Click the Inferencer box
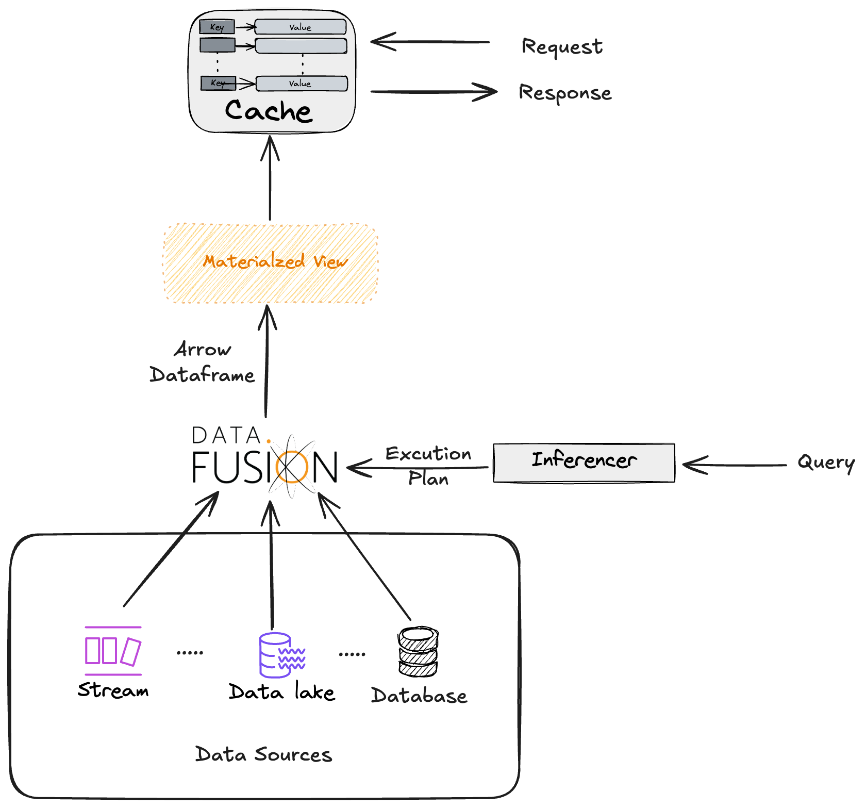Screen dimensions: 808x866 (584, 463)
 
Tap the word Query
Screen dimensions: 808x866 (825, 463)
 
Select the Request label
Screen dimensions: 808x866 (562, 47)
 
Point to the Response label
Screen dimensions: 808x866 (565, 93)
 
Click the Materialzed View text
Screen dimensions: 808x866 (275, 262)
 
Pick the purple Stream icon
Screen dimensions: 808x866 (113, 651)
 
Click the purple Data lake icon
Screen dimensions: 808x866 (281, 655)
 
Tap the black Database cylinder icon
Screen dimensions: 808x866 (418, 652)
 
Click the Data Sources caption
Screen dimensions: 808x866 (263, 755)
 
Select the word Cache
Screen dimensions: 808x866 (269, 111)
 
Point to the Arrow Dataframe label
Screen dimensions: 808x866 (202, 362)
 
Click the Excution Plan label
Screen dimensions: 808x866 (428, 466)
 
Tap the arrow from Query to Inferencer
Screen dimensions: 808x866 (735, 465)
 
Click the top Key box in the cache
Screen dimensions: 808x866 (217, 27)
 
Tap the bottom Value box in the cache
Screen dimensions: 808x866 (302, 84)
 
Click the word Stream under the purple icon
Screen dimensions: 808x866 (113, 690)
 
